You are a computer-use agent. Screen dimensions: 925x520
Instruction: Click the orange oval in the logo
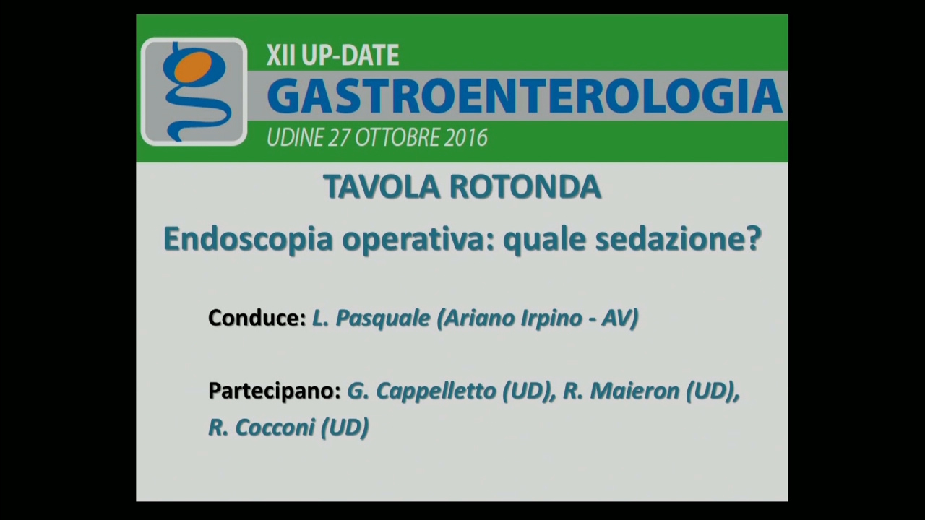tap(193, 67)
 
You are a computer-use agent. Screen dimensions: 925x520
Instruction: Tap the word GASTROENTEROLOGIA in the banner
tap(525, 97)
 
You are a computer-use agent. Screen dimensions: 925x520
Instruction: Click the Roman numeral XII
tap(281, 56)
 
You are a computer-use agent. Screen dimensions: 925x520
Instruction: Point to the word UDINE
tap(295, 137)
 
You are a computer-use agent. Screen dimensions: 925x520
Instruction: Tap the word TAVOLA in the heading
tap(381, 187)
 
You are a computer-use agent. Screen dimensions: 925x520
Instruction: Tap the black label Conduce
tap(257, 318)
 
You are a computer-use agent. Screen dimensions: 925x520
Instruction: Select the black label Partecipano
tap(275, 391)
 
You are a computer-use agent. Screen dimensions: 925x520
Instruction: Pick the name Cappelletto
tap(435, 391)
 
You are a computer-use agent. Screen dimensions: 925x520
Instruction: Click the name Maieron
tap(634, 391)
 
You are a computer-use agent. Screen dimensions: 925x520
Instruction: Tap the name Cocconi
tap(275, 428)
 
